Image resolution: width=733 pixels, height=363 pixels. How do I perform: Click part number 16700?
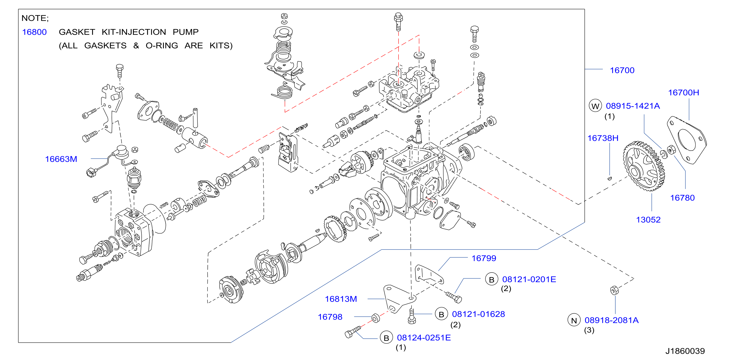click(622, 70)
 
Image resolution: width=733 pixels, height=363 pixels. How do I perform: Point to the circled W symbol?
click(595, 106)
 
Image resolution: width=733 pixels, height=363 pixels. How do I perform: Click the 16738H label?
click(603, 138)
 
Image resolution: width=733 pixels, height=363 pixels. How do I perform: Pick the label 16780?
click(682, 198)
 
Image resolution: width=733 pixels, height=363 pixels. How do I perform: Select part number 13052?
click(648, 220)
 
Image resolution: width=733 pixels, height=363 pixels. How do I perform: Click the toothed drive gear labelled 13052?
click(644, 166)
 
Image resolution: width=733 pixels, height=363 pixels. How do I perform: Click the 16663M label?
click(61, 159)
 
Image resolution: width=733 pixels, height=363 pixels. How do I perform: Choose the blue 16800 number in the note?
click(34, 32)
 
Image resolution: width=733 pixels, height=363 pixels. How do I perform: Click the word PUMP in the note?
click(185, 32)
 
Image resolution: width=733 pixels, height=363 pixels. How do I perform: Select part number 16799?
click(484, 258)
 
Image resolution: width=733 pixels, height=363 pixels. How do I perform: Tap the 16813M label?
click(341, 299)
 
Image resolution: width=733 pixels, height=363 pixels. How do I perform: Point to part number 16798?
click(330, 317)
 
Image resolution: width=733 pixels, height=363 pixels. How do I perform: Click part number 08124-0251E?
click(424, 338)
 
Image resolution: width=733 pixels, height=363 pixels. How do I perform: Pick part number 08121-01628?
click(478, 314)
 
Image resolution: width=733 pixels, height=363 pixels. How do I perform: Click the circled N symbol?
click(574, 320)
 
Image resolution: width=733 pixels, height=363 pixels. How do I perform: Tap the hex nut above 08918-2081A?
click(614, 290)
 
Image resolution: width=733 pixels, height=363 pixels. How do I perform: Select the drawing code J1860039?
click(685, 351)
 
